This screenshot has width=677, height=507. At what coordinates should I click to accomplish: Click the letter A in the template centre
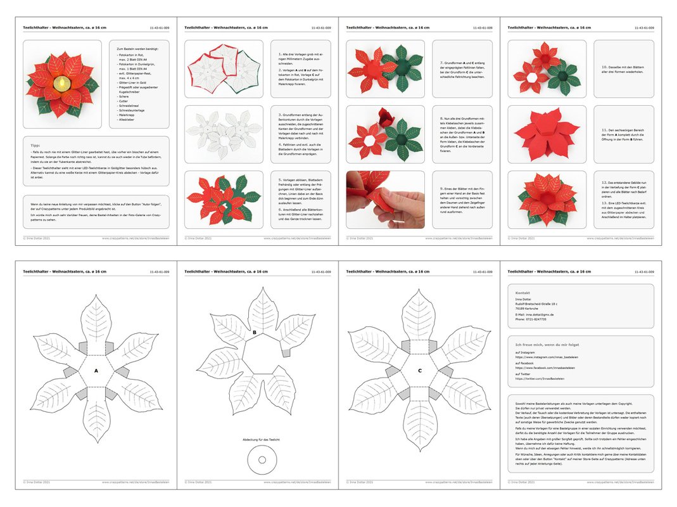point(96,370)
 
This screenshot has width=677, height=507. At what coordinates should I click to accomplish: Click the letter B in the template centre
point(255,331)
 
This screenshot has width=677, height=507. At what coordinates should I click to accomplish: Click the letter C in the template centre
point(419,370)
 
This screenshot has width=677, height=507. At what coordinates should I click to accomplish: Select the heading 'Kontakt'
point(522,293)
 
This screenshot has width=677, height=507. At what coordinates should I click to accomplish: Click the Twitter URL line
point(540,379)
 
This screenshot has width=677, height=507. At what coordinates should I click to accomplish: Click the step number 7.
point(441,63)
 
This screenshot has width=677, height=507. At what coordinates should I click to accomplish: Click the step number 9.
point(441,188)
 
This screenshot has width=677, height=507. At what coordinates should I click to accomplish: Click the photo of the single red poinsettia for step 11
point(547,134)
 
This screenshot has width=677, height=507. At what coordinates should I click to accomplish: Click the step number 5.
point(279,180)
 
